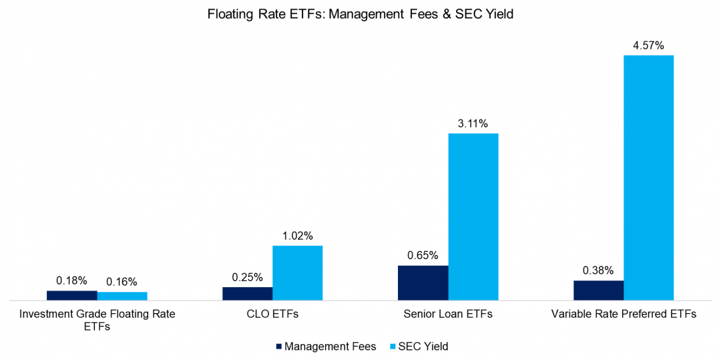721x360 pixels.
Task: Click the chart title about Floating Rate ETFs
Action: (x=360, y=13)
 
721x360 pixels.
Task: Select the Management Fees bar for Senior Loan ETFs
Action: (x=423, y=283)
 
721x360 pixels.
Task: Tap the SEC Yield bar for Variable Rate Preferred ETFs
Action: (x=648, y=178)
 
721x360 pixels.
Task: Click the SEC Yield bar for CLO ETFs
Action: (x=297, y=273)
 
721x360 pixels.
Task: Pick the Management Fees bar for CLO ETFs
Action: (x=247, y=294)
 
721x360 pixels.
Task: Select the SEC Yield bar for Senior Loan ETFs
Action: (x=473, y=217)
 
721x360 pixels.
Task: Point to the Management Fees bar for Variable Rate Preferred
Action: (x=598, y=291)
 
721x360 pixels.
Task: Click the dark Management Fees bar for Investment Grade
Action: (x=71, y=296)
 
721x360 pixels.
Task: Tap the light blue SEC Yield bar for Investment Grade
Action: (x=122, y=297)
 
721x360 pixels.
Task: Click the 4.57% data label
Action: (x=648, y=45)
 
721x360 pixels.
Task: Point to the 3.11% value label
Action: (x=473, y=124)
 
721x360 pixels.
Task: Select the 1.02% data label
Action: (x=297, y=236)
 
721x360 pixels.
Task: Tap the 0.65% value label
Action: (x=423, y=255)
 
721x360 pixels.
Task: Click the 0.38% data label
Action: (x=598, y=271)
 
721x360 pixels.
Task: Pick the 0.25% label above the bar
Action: (x=247, y=277)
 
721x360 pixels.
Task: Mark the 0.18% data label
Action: (x=71, y=281)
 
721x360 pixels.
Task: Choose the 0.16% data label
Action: (x=122, y=282)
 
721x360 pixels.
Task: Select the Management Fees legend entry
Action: (x=325, y=347)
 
